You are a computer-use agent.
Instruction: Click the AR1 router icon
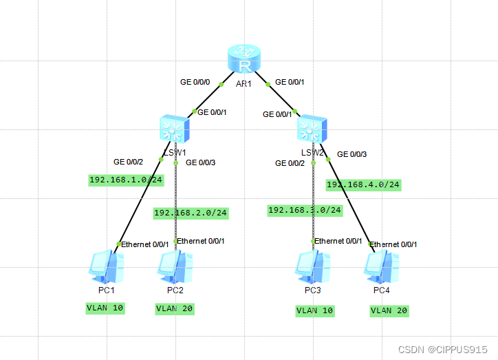tap(245, 61)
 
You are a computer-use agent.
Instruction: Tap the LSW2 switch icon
tap(313, 129)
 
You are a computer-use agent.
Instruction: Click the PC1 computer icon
tap(107, 267)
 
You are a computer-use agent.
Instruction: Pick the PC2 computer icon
tap(175, 267)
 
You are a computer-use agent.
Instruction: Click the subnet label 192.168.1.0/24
tap(126, 180)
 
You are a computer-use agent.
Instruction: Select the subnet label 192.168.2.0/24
tap(191, 213)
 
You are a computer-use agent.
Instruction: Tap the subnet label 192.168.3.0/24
tap(305, 211)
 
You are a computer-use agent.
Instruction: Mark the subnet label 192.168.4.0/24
tap(363, 184)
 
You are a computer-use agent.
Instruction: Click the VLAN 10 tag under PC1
tap(105, 308)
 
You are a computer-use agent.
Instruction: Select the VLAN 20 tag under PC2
tap(175, 308)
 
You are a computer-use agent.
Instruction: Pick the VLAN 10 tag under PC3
tap(315, 310)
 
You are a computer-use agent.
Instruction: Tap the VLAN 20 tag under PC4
tap(389, 310)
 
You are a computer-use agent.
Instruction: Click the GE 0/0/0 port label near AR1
tap(195, 82)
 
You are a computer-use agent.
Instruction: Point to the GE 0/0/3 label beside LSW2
tap(351, 154)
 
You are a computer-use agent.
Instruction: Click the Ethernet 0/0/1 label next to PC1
tap(145, 244)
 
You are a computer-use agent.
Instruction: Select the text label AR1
tap(245, 84)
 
